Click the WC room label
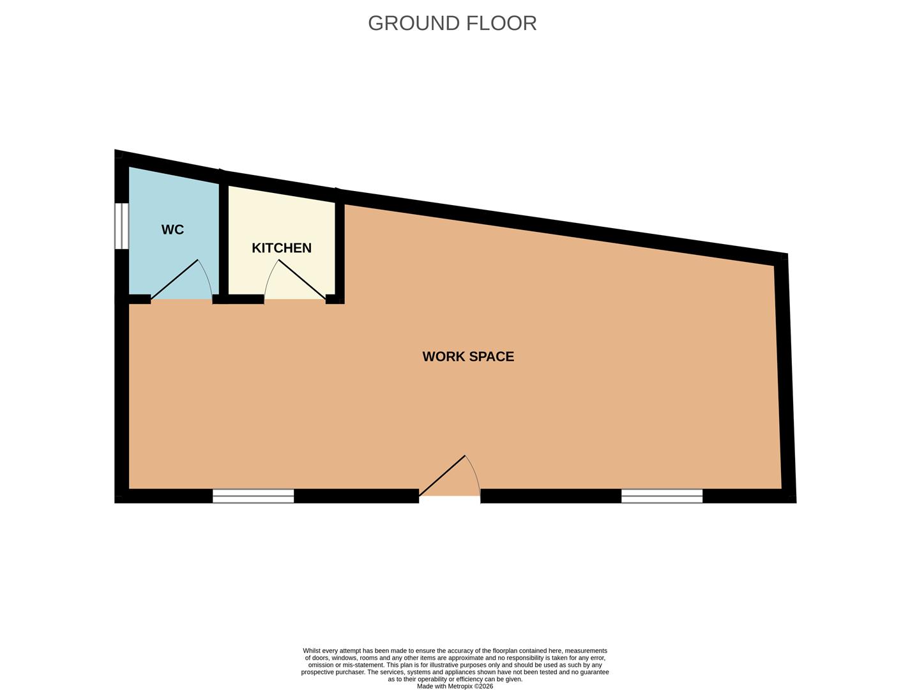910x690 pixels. [172, 230]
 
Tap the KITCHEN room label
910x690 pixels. [281, 248]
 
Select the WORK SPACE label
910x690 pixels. [468, 356]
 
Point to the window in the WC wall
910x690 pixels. [121, 226]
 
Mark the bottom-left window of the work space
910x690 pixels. [253, 496]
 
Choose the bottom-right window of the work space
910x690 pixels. [662, 496]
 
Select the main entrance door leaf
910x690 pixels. [442, 475]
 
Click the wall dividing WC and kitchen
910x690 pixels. [224, 236]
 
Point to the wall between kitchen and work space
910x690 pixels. [340, 249]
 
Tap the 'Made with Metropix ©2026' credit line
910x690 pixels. [455, 686]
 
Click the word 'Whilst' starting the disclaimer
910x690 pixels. [313, 651]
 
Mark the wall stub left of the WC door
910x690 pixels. [139, 298]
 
